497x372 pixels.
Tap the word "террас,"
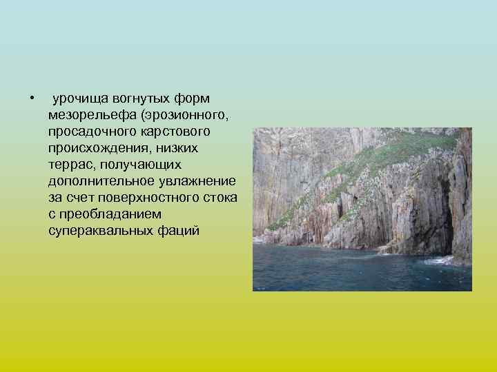point(72,164)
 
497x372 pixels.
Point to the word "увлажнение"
point(195,180)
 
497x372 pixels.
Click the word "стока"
point(220,198)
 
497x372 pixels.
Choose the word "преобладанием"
point(110,214)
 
